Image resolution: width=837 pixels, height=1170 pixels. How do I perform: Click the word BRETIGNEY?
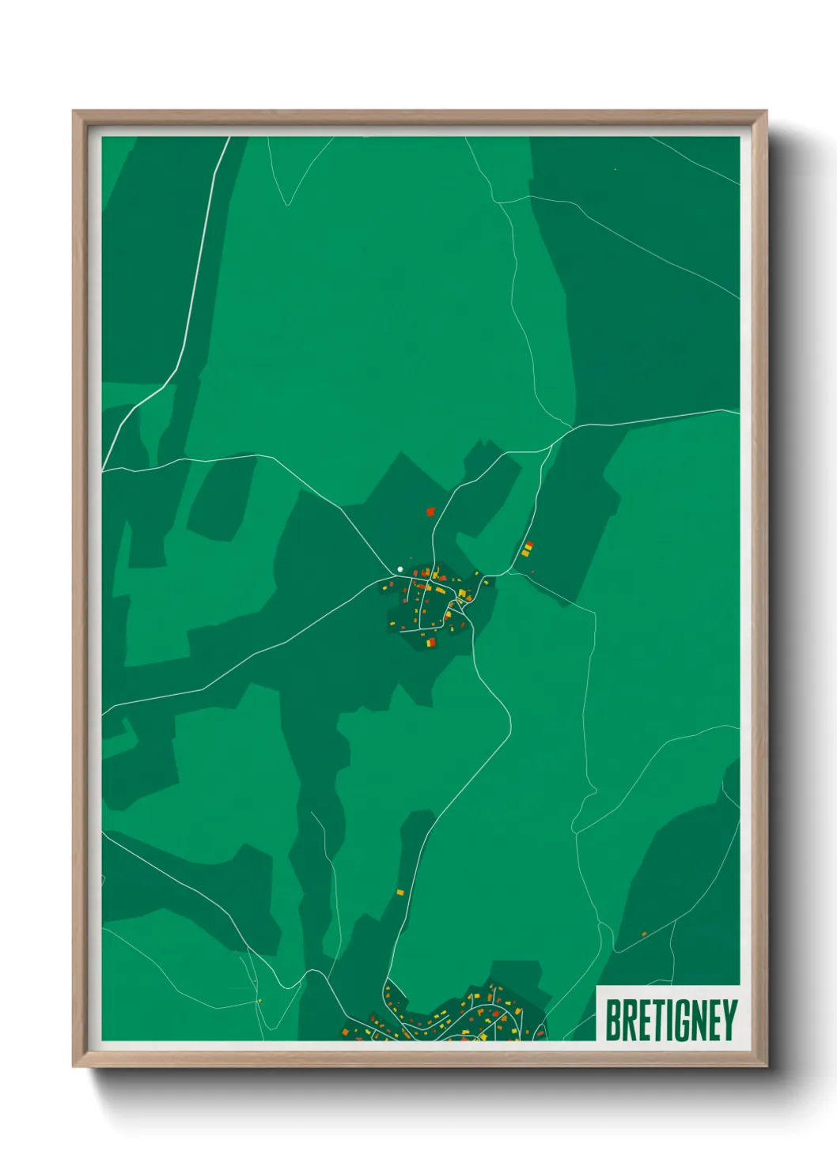click(671, 1020)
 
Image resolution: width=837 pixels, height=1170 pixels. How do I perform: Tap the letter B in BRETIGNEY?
click(613, 1020)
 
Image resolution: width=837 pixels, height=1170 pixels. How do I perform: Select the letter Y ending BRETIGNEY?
click(730, 1020)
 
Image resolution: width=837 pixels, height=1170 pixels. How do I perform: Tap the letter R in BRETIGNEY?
click(628, 1020)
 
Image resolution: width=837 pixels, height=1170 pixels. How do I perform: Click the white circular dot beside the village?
click(400, 569)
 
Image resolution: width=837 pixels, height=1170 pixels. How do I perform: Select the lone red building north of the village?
click(430, 511)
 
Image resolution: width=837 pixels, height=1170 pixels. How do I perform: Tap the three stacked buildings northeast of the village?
click(527, 548)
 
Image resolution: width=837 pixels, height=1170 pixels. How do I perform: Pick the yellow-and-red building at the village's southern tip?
click(431, 643)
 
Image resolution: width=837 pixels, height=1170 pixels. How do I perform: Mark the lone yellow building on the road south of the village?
click(400, 892)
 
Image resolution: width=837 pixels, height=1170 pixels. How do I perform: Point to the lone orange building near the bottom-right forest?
click(644, 934)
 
